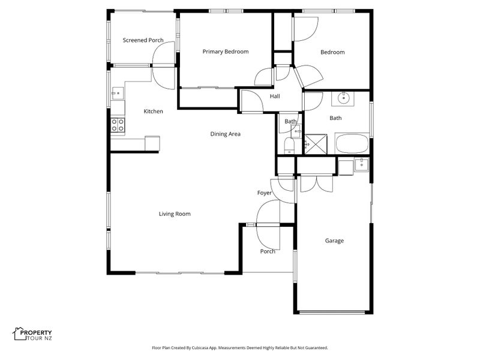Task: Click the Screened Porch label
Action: (x=143, y=40)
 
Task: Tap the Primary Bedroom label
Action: (x=226, y=52)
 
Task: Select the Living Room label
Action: (x=175, y=214)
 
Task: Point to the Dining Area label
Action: (x=226, y=134)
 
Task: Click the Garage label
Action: (x=334, y=241)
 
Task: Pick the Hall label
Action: (x=275, y=97)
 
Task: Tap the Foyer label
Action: (x=264, y=193)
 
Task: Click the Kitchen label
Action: (x=153, y=112)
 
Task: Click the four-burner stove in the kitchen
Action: (x=118, y=125)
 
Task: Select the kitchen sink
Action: (x=118, y=93)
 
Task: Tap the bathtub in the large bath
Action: (x=352, y=143)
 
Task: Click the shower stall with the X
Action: (x=316, y=144)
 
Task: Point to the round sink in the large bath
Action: (x=343, y=98)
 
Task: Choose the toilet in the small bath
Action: (x=289, y=146)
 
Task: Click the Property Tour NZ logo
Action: (x=32, y=334)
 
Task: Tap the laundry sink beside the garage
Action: (x=362, y=164)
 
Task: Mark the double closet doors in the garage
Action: (x=317, y=184)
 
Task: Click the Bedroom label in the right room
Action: (x=332, y=52)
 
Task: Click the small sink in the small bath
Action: (x=296, y=131)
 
